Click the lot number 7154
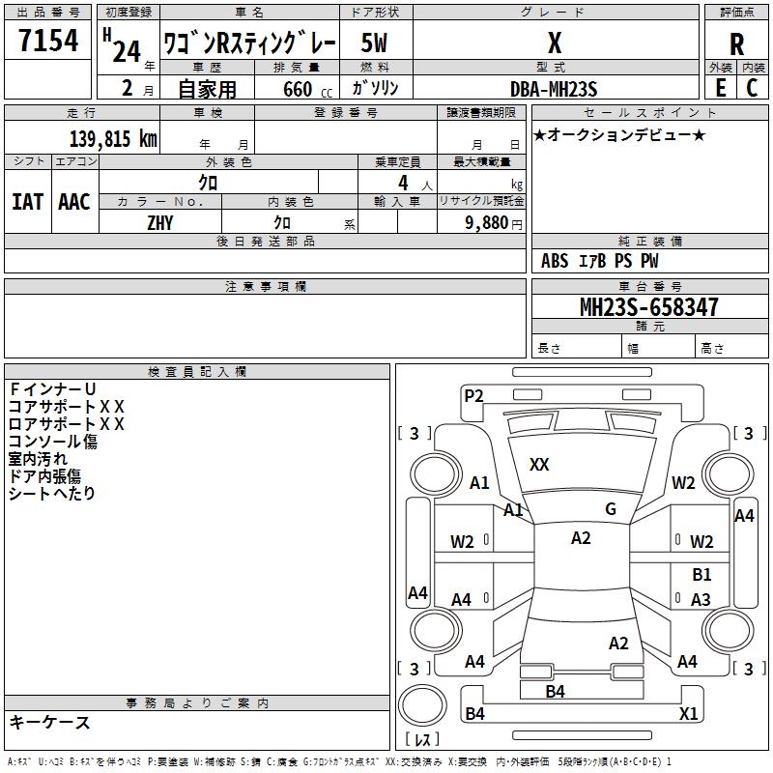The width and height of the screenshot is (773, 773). pyautogui.click(x=47, y=43)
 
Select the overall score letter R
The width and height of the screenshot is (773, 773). pyautogui.click(x=736, y=44)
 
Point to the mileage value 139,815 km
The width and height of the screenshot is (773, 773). pyautogui.click(x=113, y=139)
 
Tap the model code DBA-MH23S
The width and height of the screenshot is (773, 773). pyautogui.click(x=554, y=88)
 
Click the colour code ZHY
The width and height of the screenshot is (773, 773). pyautogui.click(x=160, y=221)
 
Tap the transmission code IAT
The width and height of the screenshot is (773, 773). pyautogui.click(x=27, y=201)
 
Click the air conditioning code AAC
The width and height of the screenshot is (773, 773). pyautogui.click(x=74, y=201)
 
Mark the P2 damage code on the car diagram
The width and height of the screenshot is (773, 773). pyautogui.click(x=473, y=394)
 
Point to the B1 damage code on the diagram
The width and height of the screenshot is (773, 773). pyautogui.click(x=701, y=575)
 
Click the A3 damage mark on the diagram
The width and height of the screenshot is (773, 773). pyautogui.click(x=701, y=600)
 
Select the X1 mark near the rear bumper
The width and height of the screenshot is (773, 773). pyautogui.click(x=689, y=714)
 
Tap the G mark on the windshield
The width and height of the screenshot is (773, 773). pyautogui.click(x=611, y=508)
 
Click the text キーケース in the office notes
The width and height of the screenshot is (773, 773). pyautogui.click(x=49, y=723)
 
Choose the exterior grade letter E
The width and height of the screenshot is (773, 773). pyautogui.click(x=720, y=88)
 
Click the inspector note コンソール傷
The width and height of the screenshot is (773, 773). pyautogui.click(x=52, y=442)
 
